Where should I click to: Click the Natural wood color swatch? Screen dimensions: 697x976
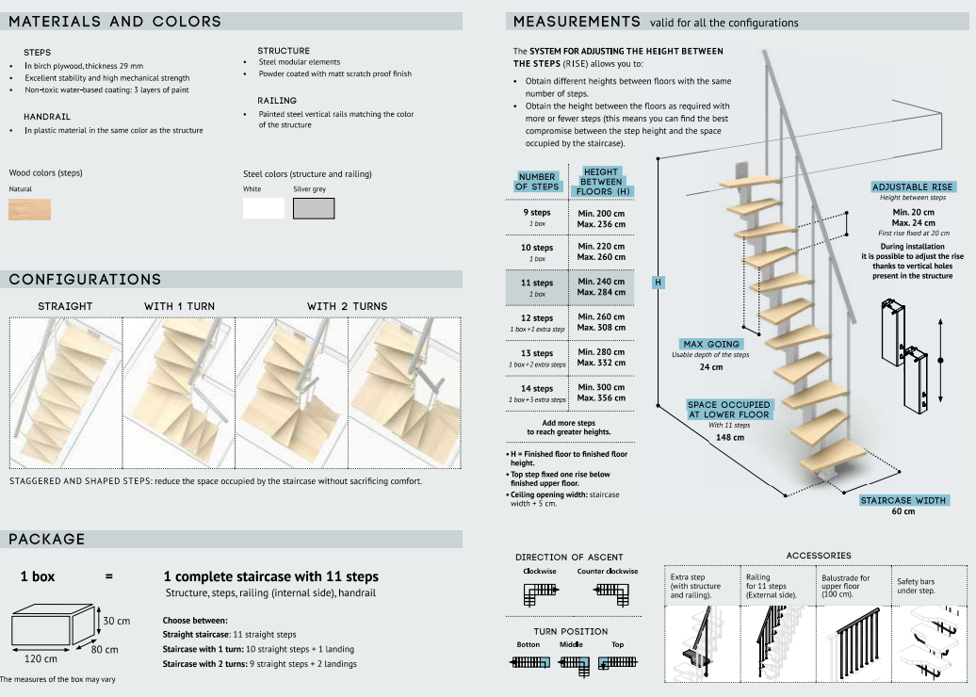click(x=29, y=208)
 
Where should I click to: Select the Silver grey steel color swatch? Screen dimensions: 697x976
click(x=313, y=208)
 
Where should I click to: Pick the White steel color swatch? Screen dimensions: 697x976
click(x=263, y=208)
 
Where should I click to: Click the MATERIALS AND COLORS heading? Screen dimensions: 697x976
click(x=115, y=21)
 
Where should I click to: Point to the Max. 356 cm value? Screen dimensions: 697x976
click(x=601, y=397)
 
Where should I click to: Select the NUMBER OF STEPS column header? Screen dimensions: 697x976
click(x=537, y=181)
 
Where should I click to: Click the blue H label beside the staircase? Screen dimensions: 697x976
click(x=659, y=282)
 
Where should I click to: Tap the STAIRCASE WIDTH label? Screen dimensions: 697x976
click(x=903, y=500)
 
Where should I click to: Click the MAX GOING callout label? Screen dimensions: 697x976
click(x=711, y=344)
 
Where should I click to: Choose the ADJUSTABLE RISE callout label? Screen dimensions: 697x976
click(x=912, y=187)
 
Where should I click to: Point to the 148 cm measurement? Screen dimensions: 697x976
click(x=729, y=437)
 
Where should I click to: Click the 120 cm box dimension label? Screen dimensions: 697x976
click(x=40, y=658)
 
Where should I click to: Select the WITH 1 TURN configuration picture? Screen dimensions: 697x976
click(x=179, y=392)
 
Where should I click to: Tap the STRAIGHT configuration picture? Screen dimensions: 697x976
click(x=66, y=392)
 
